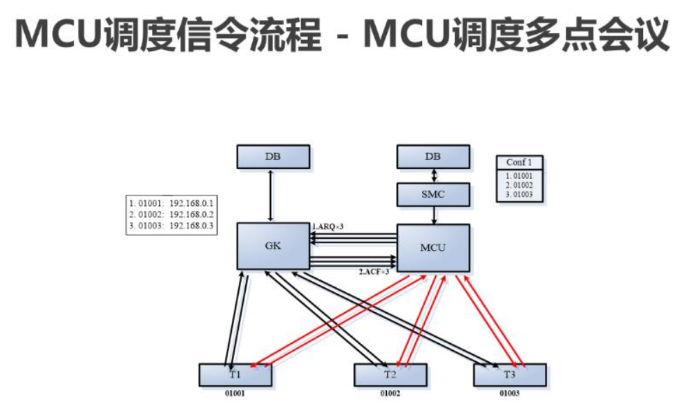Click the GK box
pyautogui.click(x=273, y=246)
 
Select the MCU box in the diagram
pyautogui.click(x=432, y=247)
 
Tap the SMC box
pyautogui.click(x=432, y=194)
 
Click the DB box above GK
pyautogui.click(x=273, y=157)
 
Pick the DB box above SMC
pyautogui.click(x=432, y=157)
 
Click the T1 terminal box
pyautogui.click(x=235, y=374)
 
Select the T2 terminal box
pyautogui.click(x=390, y=374)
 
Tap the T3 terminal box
pyautogui.click(x=509, y=374)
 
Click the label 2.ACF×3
pyautogui.click(x=374, y=272)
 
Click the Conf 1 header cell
pyautogui.click(x=519, y=162)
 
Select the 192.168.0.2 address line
pyautogui.click(x=171, y=215)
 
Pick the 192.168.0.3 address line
pyautogui.click(x=171, y=226)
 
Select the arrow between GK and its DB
pyautogui.click(x=273, y=195)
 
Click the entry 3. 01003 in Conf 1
pyautogui.click(x=519, y=195)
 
